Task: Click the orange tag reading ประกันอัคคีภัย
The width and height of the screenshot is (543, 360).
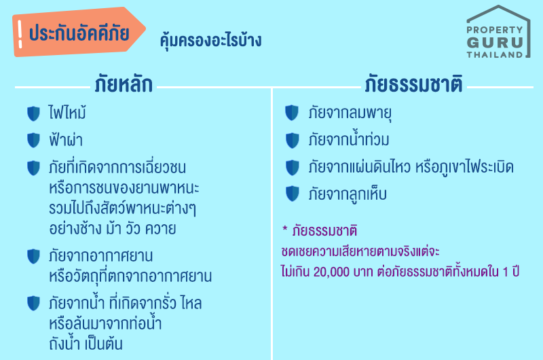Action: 79,32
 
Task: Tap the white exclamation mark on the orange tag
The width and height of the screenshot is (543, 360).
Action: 20,34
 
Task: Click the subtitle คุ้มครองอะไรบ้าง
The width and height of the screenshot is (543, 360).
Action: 210,41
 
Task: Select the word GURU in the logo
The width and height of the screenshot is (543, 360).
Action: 495,43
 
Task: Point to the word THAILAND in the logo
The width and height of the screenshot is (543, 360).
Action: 495,54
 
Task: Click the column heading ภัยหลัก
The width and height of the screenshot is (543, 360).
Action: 124,84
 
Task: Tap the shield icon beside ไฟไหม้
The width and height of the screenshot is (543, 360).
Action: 33,113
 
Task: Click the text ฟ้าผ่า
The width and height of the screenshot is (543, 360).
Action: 66,140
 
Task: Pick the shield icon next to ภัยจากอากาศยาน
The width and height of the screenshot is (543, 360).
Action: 33,256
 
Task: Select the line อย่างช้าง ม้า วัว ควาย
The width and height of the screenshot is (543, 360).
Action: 113,229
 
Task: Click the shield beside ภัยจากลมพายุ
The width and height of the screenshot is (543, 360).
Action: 292,113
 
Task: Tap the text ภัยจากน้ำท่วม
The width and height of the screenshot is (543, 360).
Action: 349,139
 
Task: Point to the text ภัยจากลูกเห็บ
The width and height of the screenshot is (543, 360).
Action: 348,194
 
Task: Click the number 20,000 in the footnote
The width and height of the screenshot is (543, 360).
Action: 331,272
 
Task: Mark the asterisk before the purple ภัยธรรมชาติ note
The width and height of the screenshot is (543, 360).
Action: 285,229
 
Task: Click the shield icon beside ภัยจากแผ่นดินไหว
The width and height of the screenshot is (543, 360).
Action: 292,167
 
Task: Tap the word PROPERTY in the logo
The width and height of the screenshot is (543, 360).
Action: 495,30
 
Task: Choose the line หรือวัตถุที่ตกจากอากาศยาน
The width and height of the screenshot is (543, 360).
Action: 130,276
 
